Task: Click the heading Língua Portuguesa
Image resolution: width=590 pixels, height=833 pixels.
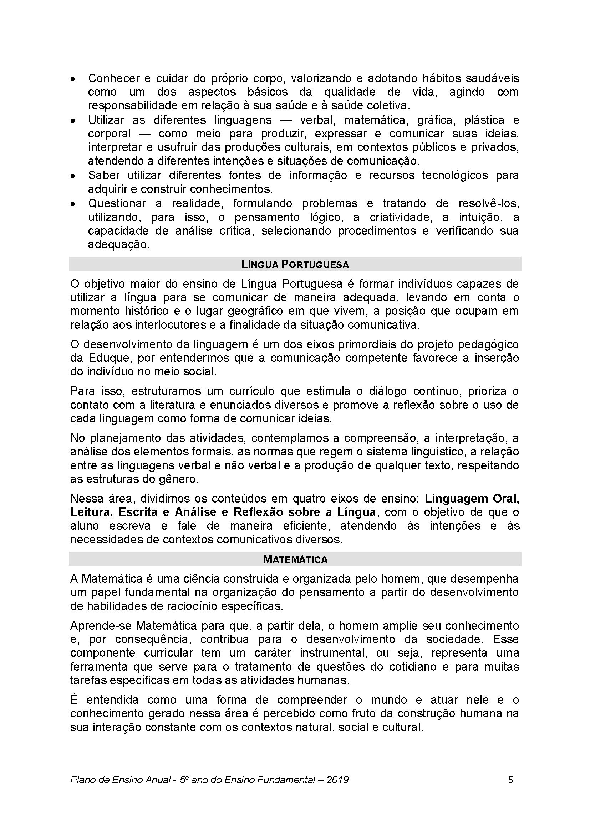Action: click(x=295, y=265)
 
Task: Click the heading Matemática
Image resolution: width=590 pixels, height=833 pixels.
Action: click(x=295, y=559)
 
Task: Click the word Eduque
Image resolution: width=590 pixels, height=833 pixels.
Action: click(x=108, y=358)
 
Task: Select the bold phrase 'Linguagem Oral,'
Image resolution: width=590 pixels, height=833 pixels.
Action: click(x=472, y=499)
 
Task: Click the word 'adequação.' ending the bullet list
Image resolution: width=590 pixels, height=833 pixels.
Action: click(x=119, y=245)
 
